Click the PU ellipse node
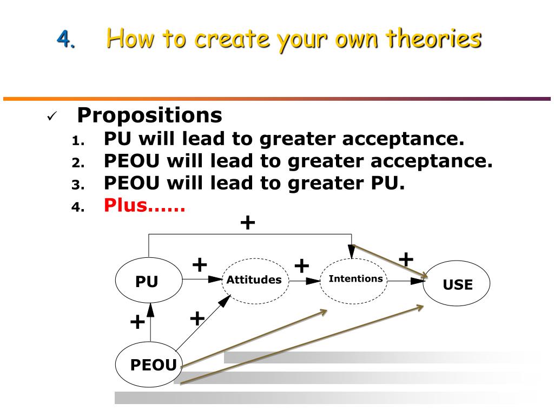click(147, 281)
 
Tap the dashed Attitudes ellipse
click(254, 279)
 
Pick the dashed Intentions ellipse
click(355, 280)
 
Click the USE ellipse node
click(457, 284)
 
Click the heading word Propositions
click(149, 115)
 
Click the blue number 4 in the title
click(65, 39)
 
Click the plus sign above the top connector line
click(247, 222)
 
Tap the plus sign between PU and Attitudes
click(200, 265)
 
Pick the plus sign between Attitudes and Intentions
click(301, 266)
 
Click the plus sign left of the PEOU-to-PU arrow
click(137, 322)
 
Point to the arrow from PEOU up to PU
click(150, 325)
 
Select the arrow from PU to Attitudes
click(202, 279)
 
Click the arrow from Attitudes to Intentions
click(304, 281)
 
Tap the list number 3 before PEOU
click(76, 185)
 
